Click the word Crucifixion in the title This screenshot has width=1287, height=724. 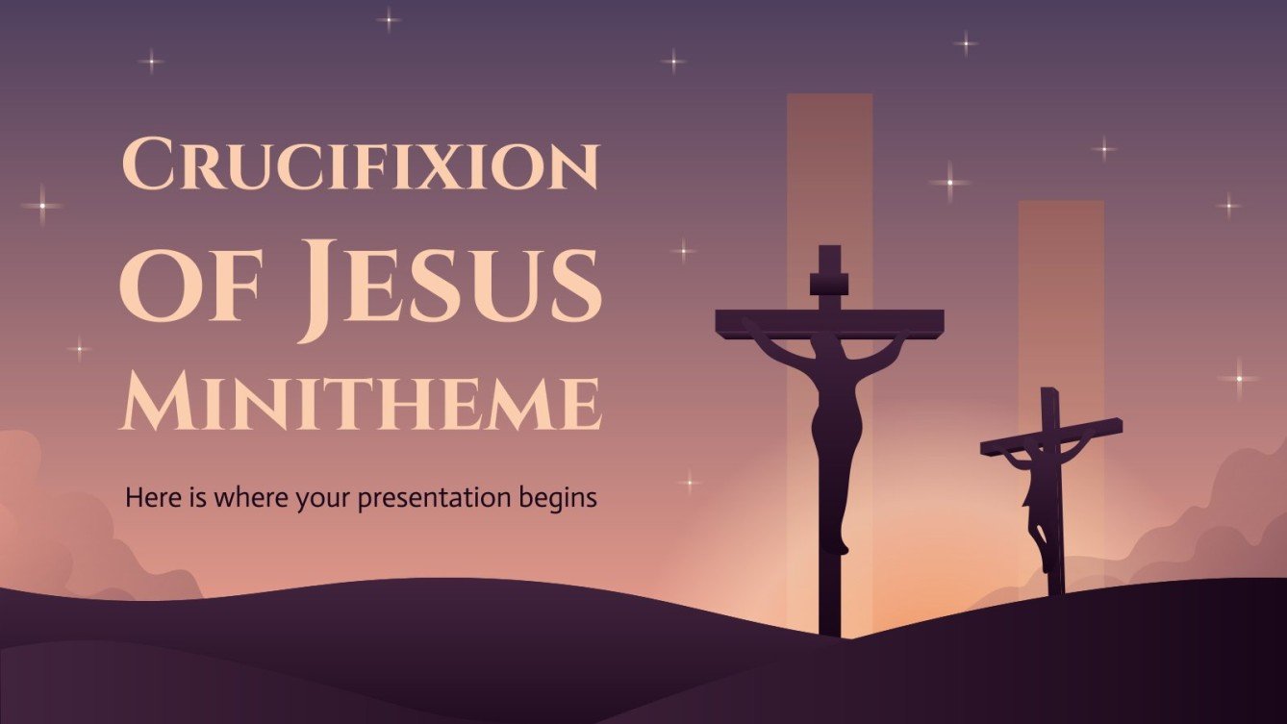[x=361, y=165]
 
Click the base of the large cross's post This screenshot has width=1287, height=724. [x=829, y=625]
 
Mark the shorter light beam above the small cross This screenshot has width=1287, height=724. [x=1061, y=288]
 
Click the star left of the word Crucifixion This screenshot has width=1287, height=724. [x=41, y=205]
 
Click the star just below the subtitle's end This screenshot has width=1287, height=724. [x=689, y=481]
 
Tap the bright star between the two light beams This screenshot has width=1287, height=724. [x=949, y=182]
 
